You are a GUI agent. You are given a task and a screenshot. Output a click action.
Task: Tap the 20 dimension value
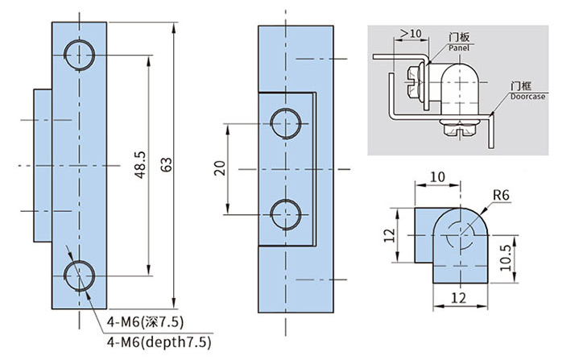pyautogui.click(x=219, y=168)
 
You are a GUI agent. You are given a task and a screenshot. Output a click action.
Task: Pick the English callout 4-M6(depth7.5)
pyautogui.click(x=159, y=342)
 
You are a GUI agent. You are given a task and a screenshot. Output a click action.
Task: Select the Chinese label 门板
pyautogui.click(x=458, y=38)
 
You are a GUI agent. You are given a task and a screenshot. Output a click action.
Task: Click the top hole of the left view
pyautogui.click(x=81, y=55)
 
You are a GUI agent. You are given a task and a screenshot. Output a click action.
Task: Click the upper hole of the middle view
pyautogui.click(x=287, y=126)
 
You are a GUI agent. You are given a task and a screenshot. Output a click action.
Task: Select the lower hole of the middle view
pyautogui.click(x=287, y=215)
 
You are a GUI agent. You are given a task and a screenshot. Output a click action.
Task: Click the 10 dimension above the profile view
pyautogui.click(x=436, y=176)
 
